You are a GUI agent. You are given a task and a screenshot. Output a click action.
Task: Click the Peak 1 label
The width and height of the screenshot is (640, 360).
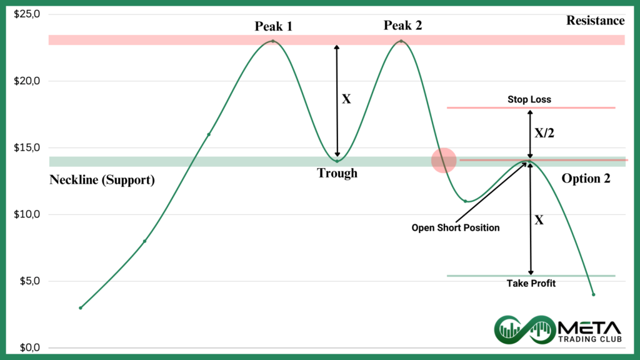pyautogui.click(x=274, y=26)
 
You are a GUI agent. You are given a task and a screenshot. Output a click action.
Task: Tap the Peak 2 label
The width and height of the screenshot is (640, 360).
pyautogui.click(x=402, y=26)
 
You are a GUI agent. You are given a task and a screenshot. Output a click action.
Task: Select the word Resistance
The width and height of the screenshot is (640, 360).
pyautogui.click(x=595, y=21)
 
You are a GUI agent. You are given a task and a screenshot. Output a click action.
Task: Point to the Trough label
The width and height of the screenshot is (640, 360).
pyautogui.click(x=337, y=173)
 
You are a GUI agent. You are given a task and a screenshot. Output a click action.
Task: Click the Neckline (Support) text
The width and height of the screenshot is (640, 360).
pyautogui.click(x=102, y=179)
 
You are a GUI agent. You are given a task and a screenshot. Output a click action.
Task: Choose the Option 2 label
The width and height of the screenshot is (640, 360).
pyautogui.click(x=586, y=178)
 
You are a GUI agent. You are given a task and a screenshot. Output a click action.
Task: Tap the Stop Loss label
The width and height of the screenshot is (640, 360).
pyautogui.click(x=529, y=99)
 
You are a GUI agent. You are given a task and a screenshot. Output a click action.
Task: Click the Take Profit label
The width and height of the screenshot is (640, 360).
pyautogui.click(x=531, y=283)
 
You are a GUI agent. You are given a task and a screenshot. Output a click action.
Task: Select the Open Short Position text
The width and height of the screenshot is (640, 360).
pyautogui.click(x=455, y=227)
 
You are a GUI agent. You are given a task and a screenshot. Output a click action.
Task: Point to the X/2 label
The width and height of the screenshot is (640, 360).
pyautogui.click(x=544, y=133)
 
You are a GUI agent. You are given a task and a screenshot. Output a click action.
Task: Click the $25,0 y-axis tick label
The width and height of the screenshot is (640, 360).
pyautogui.click(x=27, y=14)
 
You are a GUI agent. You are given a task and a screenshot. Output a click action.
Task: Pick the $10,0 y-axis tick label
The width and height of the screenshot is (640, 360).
pyautogui.click(x=27, y=214)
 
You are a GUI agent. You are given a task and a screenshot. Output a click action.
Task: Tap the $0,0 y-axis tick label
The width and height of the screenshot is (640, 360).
pyautogui.click(x=30, y=347)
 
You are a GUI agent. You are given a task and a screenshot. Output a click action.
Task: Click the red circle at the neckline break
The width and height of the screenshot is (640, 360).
pyautogui.click(x=444, y=161)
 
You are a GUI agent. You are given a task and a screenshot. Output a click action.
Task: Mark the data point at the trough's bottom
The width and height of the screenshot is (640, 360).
pyautogui.click(x=337, y=161)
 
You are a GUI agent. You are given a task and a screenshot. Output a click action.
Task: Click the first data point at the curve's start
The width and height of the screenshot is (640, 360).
pyautogui.click(x=81, y=307)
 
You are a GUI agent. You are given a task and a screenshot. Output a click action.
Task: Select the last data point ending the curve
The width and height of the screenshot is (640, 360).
pyautogui.click(x=594, y=294)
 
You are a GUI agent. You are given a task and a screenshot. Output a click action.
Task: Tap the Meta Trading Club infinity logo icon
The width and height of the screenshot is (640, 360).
pyautogui.click(x=524, y=329)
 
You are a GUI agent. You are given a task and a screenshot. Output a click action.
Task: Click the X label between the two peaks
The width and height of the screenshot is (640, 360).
pyautogui.click(x=346, y=99)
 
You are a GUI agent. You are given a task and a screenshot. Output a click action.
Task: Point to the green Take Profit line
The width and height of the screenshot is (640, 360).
pyautogui.click(x=531, y=276)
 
